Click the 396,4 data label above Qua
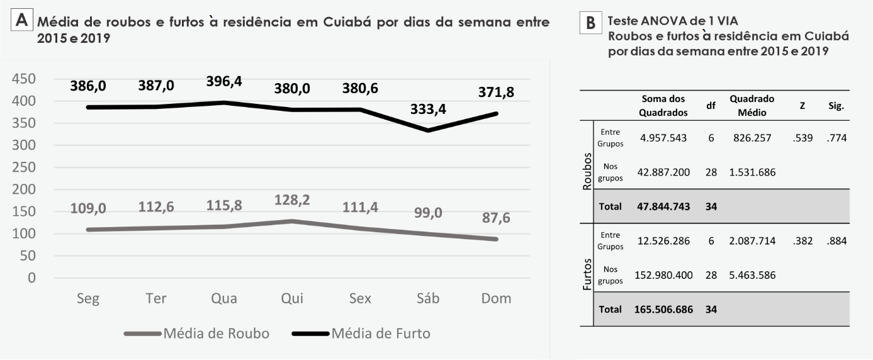[224, 82]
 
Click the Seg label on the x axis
[87, 298]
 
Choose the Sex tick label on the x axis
[360, 298]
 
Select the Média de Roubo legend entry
[197, 334]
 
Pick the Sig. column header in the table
[836, 106]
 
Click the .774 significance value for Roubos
[836, 138]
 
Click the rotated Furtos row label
[586, 274]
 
